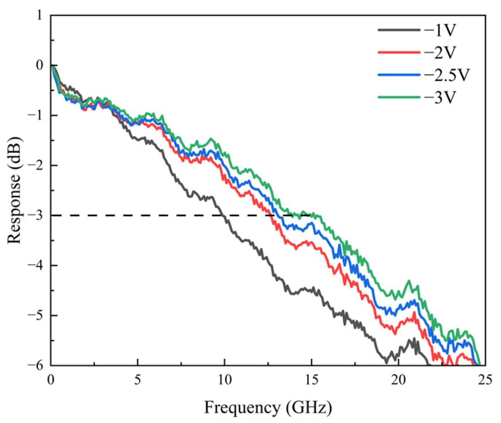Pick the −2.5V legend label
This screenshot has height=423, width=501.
446,75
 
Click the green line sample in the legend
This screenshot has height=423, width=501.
399,97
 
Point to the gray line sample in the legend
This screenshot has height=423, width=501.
399,30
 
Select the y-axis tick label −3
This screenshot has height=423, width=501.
36,215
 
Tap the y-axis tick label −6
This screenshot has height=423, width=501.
36,365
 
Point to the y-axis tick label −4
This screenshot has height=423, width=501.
36,265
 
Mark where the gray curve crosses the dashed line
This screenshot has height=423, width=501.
223,215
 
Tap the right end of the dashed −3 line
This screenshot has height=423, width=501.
311,215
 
